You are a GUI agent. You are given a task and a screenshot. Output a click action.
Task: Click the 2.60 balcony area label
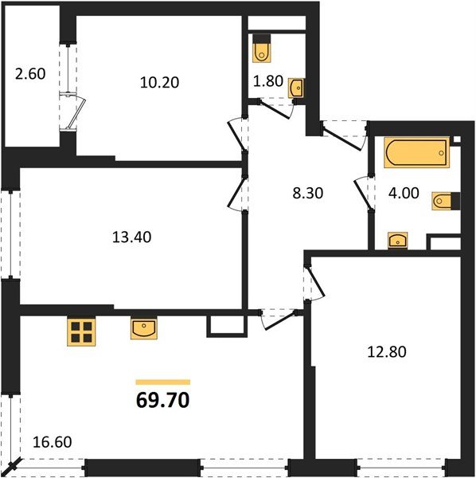tap(30, 76)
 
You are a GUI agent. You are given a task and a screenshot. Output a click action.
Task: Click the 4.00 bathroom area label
tap(402, 192)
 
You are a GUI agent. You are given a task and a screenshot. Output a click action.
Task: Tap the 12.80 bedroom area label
tap(388, 351)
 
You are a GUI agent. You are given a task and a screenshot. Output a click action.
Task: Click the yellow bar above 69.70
tap(162, 382)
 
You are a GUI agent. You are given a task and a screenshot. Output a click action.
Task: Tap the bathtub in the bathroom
tap(416, 153)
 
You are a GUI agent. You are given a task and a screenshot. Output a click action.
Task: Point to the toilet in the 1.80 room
tap(262, 50)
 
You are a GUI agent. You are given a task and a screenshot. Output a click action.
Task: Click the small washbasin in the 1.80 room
tap(296, 88)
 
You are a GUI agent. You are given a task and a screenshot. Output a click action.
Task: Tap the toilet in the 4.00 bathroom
tap(443, 201)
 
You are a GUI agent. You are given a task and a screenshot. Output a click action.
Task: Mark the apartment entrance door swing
tap(342, 137)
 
